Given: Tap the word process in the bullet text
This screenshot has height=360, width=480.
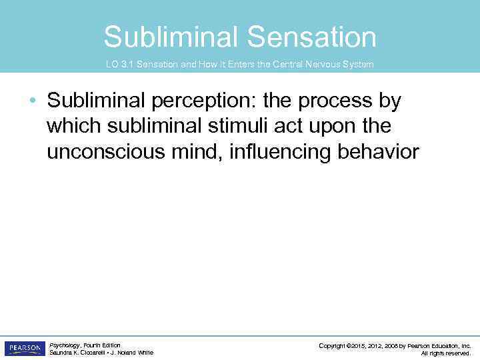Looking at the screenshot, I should (x=329, y=102).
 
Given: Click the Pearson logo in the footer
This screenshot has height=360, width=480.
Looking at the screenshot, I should (x=24, y=349).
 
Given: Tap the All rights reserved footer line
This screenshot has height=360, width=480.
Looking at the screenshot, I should (x=446, y=353).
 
